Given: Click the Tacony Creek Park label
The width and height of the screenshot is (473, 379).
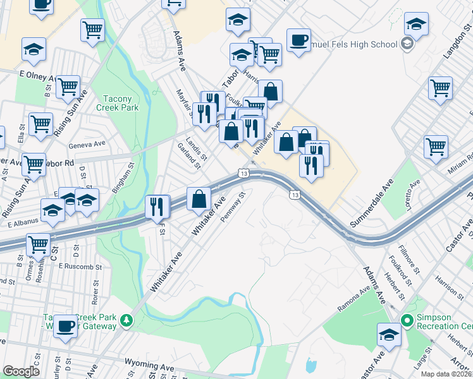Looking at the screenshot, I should [118, 104].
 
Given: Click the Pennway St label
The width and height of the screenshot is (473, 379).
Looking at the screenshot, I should [232, 207].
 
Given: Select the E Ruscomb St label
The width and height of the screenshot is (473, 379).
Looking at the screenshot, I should [80, 267].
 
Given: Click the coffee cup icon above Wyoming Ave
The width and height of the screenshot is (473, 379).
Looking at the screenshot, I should [65, 325].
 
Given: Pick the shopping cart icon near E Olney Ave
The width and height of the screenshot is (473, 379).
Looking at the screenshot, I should [68, 87].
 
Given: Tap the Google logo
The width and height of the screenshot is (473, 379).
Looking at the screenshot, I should [21, 371].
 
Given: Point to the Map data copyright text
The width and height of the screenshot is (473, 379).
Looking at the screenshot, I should [446, 374].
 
